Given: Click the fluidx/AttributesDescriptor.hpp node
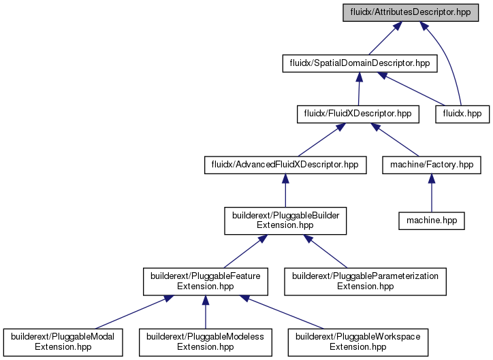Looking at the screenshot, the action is (411, 12).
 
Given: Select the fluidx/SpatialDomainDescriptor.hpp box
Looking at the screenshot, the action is (360, 63).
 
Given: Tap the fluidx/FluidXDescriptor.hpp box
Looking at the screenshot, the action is (357, 114).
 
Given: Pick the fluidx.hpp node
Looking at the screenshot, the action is (462, 114).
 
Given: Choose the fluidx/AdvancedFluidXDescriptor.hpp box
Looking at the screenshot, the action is (285, 165).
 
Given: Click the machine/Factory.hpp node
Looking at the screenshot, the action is (432, 165).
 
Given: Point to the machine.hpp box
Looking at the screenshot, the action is (432, 221).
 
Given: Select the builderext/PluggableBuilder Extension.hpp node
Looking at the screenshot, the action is (285, 220).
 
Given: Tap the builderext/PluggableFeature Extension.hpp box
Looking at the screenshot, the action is (206, 282).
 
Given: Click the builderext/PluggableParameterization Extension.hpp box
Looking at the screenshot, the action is (365, 282).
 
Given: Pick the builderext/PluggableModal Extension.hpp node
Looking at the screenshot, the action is (63, 342).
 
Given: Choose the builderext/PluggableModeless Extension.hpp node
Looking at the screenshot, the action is (206, 342).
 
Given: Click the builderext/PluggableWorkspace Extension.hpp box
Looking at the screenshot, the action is (357, 342).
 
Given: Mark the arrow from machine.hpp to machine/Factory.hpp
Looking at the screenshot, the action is (432, 193).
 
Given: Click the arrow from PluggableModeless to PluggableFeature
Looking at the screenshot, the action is (206, 312).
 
